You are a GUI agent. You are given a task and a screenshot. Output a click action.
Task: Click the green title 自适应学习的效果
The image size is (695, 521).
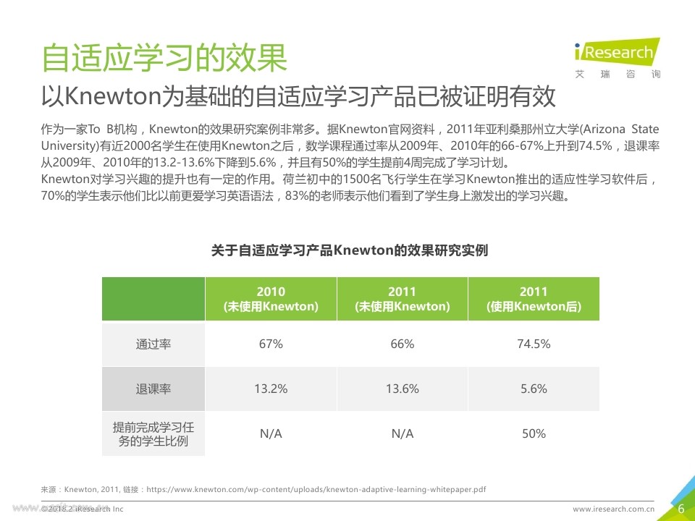(x=164, y=58)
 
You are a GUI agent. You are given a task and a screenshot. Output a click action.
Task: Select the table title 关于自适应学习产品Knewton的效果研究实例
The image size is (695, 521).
(x=349, y=250)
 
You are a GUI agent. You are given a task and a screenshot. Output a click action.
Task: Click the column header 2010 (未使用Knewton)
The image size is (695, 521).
(x=271, y=299)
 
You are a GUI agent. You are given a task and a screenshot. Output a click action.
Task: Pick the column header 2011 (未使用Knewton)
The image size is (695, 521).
(x=402, y=299)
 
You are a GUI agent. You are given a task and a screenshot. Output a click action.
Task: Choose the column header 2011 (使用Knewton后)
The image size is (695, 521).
(x=534, y=299)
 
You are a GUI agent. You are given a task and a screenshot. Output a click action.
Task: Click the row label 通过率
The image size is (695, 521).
(x=153, y=344)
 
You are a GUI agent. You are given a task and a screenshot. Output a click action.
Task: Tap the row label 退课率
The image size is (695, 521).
(x=153, y=389)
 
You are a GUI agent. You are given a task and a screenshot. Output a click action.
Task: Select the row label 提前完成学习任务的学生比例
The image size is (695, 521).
(x=153, y=434)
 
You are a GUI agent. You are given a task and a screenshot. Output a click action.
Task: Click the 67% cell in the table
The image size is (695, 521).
(x=271, y=344)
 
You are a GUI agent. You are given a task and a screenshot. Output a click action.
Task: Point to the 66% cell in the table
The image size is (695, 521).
(x=402, y=344)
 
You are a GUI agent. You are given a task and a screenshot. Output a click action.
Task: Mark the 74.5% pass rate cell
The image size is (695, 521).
(x=534, y=344)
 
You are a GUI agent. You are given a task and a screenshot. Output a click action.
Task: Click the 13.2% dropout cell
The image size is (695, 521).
(x=271, y=389)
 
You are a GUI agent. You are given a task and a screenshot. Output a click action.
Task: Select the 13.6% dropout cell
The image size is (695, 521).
(x=402, y=389)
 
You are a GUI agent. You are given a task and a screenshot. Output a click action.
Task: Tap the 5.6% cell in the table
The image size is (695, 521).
(x=534, y=389)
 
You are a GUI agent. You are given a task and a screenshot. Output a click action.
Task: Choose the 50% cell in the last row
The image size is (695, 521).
(x=534, y=434)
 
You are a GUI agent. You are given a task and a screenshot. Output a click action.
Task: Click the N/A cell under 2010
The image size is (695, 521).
(x=271, y=434)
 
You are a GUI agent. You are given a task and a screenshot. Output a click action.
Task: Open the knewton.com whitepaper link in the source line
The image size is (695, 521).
(x=316, y=490)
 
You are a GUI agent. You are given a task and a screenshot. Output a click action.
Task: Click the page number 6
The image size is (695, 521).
(x=681, y=509)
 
